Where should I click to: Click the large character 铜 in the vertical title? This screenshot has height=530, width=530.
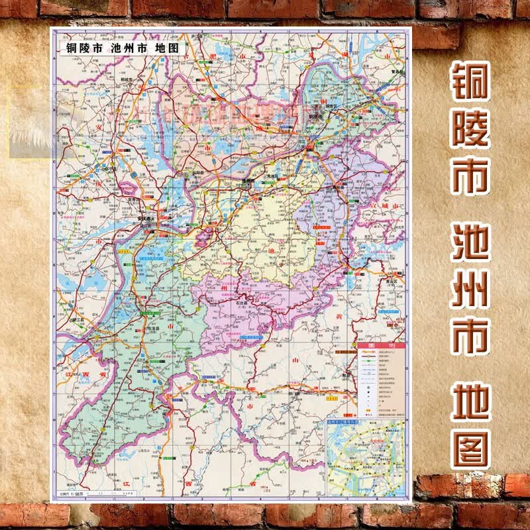(x=471, y=88)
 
